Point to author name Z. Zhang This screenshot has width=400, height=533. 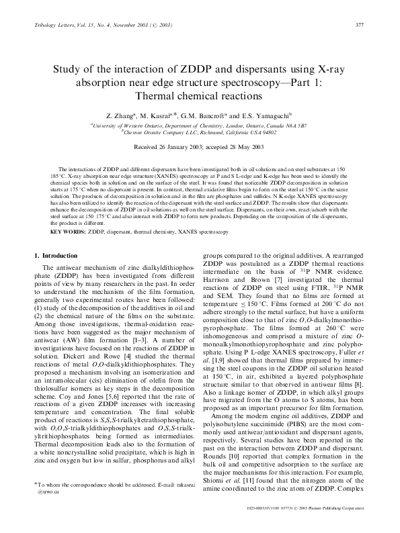pyautogui.click(x=132, y=115)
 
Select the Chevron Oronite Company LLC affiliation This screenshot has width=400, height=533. pyautogui.click(x=199, y=132)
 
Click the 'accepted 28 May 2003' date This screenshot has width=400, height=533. pyautogui.click(x=233, y=145)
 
